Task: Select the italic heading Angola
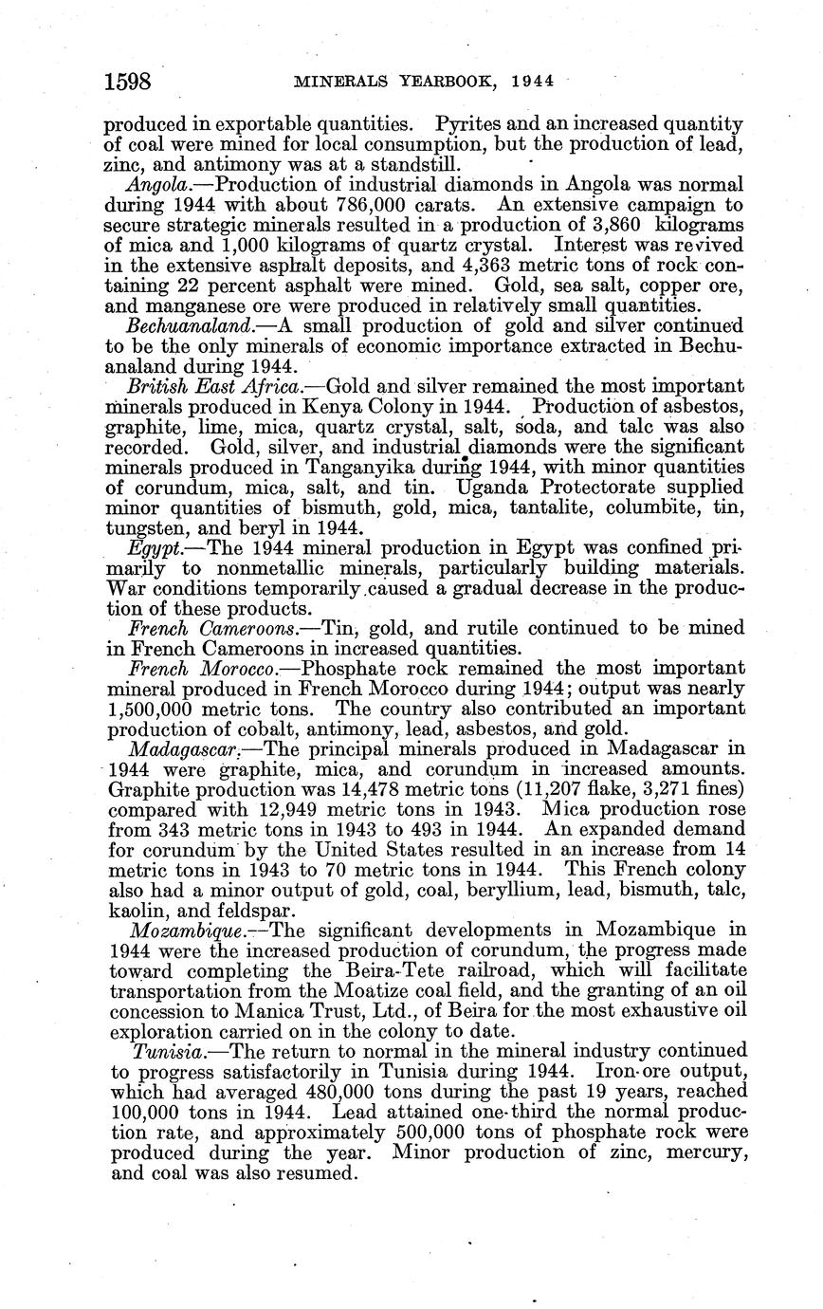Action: pyautogui.click(x=156, y=184)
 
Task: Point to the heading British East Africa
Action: pyautogui.click(x=214, y=386)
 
